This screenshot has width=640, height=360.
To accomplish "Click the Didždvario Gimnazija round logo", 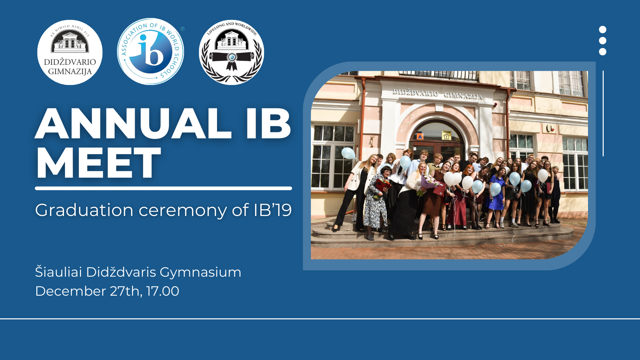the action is (70, 52).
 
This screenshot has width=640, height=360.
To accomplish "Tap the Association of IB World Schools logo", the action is (150, 51).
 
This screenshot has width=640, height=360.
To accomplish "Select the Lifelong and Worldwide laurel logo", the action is (231, 52).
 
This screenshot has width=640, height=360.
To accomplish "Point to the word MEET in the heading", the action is (98, 163).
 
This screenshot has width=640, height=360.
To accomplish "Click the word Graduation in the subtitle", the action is (84, 210).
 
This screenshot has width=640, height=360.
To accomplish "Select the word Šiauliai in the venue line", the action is (58, 272).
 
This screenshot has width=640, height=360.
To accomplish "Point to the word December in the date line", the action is (71, 291).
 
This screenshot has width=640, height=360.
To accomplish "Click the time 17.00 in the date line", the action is (162, 291).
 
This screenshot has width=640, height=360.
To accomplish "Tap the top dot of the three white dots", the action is (603, 30).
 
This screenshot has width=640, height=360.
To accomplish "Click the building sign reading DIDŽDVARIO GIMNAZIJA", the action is (437, 94).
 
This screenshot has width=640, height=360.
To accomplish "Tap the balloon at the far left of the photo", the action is (348, 153).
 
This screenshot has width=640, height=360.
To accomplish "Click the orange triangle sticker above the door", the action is (420, 136).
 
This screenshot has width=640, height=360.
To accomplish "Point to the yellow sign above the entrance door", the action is (446, 135).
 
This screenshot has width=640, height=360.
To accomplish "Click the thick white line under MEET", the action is (163, 188).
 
